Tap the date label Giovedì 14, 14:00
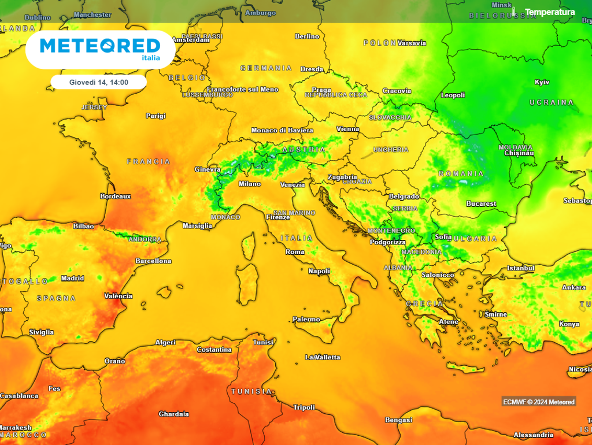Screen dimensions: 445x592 point(98,83)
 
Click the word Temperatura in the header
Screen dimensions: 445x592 point(549,12)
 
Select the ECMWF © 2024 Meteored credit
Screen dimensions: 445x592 point(538,402)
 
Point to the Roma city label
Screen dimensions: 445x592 point(295,252)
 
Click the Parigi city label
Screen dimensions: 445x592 point(156,116)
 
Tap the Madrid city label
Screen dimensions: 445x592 point(72,279)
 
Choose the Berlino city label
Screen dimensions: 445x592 point(307,36)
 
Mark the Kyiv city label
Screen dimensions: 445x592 point(542,82)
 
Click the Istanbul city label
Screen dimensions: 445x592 point(520,268)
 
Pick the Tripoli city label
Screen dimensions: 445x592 point(304,407)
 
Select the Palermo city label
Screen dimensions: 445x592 point(306,320)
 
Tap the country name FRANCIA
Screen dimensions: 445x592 point(149,162)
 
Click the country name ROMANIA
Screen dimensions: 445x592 point(461,173)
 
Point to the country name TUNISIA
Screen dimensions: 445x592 point(251,392)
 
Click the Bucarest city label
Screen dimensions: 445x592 point(481,204)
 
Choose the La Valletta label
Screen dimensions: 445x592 point(323,357)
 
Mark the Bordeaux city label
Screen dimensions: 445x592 point(116,196)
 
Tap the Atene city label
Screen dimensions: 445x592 point(449,322)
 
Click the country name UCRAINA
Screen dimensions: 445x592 point(552,103)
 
